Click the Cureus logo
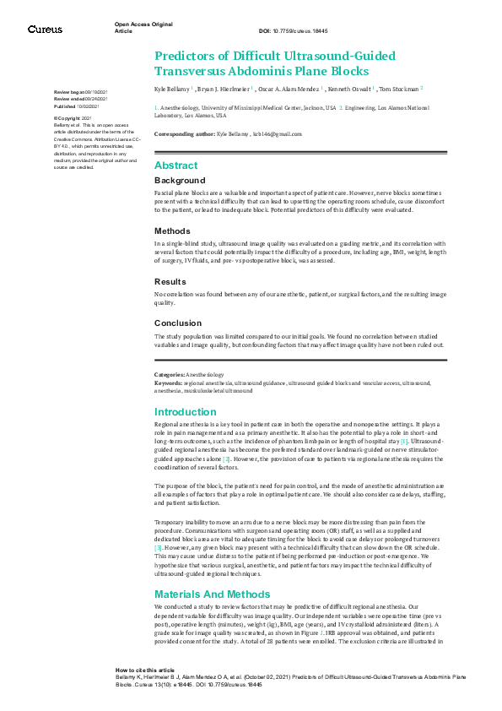pos(45,29)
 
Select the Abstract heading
pos(175,166)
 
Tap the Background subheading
pos(179,181)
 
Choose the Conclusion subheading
pos(177,323)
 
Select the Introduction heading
pos(186,412)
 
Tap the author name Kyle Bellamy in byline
pos(172,88)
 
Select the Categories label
pos(170,374)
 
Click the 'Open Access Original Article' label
pos(143,27)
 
